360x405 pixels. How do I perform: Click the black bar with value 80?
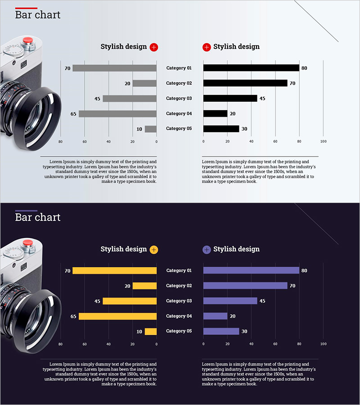(x=251, y=68)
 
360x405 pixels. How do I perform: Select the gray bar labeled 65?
(x=117, y=114)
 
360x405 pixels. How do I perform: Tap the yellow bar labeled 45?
(x=130, y=301)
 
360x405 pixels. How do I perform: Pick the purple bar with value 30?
(x=221, y=331)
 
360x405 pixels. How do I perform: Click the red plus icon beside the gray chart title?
(x=154, y=47)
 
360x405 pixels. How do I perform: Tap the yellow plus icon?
(x=154, y=249)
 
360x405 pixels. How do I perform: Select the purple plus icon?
(x=207, y=249)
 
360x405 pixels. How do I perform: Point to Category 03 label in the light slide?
(x=179, y=99)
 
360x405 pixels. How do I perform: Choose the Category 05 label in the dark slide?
(x=179, y=331)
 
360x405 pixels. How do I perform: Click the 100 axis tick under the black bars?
(x=323, y=142)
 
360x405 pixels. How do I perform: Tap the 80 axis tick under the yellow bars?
(x=60, y=344)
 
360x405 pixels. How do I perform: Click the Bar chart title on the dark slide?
(x=38, y=217)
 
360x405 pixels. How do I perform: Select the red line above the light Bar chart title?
(x=26, y=8)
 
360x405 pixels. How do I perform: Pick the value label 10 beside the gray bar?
(x=139, y=129)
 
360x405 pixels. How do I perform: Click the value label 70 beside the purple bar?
(x=292, y=286)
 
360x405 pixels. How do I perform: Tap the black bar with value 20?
(x=215, y=114)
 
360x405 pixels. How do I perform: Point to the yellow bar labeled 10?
(x=151, y=332)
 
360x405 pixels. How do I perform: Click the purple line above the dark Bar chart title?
(x=26, y=211)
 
